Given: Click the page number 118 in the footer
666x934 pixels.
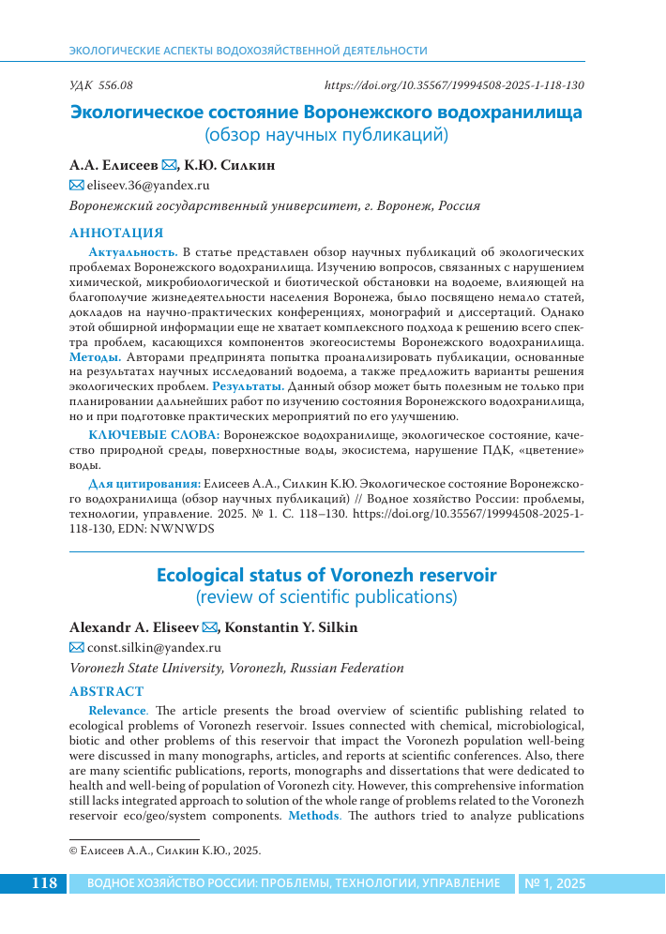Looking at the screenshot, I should (x=45, y=883).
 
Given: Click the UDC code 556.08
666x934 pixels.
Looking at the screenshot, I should (x=102, y=84).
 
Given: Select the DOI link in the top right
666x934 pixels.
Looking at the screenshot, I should (x=454, y=84).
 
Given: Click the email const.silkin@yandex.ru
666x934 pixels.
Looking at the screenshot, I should (x=154, y=647).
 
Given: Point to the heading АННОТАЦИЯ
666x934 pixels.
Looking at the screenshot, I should (x=116, y=233).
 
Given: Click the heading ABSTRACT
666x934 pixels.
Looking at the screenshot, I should (x=107, y=692).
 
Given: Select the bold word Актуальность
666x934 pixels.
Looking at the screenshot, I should (x=132, y=252).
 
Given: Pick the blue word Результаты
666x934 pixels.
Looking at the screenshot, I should (x=248, y=385).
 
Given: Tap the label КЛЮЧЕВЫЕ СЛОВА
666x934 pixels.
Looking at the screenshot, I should (x=155, y=436).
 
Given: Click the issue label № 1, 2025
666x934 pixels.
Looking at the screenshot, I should (x=554, y=883).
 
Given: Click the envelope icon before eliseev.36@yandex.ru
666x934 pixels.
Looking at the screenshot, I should (x=77, y=187).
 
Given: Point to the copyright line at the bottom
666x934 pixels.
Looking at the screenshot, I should (x=165, y=851).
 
